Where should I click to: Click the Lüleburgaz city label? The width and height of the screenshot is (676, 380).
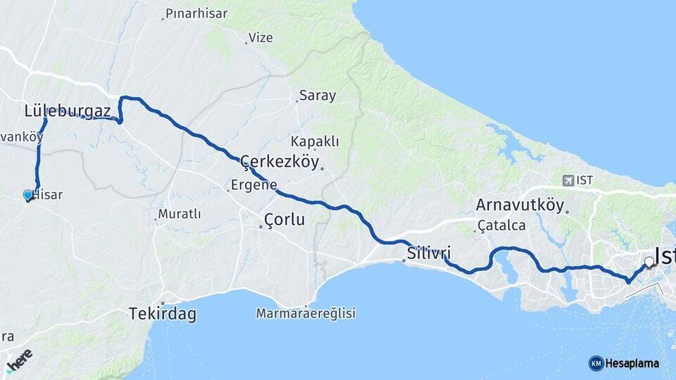coord(67,110)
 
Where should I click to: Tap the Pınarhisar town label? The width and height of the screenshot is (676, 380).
coord(194,13)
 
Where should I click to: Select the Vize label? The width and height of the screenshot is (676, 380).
coord(261,38)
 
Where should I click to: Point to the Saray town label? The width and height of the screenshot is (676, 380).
coord(318,95)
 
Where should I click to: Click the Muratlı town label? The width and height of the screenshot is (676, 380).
coord(180,213)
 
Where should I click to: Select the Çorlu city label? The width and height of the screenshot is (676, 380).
coord(284,220)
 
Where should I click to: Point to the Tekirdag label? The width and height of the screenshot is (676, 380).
coord(162,314)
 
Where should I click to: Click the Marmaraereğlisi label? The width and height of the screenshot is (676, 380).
coord(306,313)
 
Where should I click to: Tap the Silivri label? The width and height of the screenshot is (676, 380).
coord(428,253)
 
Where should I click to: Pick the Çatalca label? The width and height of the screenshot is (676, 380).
coord(501,226)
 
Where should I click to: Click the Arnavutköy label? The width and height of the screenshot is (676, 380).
coord(520,205)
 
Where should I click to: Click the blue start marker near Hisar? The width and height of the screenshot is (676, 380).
coord(28,195)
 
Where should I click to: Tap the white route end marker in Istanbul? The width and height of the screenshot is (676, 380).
coord(649,262)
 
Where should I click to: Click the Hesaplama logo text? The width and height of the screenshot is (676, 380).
coord(632,363)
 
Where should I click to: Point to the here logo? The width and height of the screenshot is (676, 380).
coord(19,357)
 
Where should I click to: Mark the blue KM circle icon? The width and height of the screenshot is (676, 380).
coord(596,363)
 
